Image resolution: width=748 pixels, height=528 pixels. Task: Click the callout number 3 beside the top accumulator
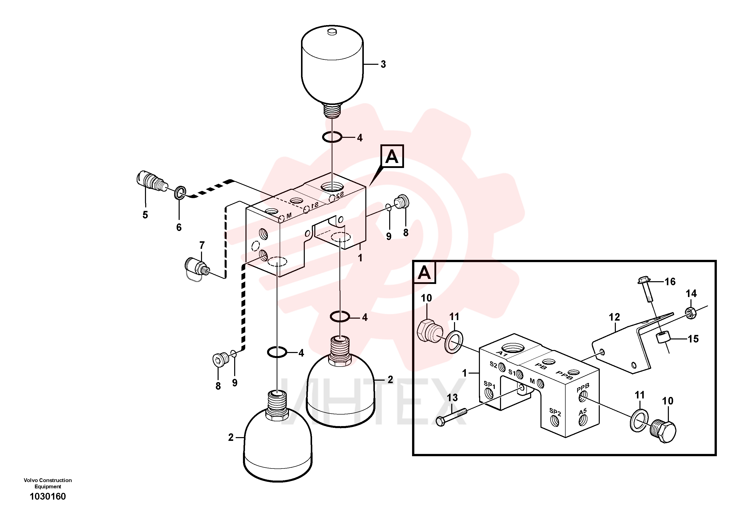point(383,65)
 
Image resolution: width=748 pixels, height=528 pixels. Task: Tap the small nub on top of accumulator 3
point(332,32)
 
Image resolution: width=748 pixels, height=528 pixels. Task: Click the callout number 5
point(145,215)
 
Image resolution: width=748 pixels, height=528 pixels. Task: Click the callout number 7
point(202,245)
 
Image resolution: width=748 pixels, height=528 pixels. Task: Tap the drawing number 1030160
point(47,496)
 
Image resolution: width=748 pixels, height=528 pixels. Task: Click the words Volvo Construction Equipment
point(47,483)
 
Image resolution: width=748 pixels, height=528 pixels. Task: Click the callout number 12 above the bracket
point(614,317)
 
